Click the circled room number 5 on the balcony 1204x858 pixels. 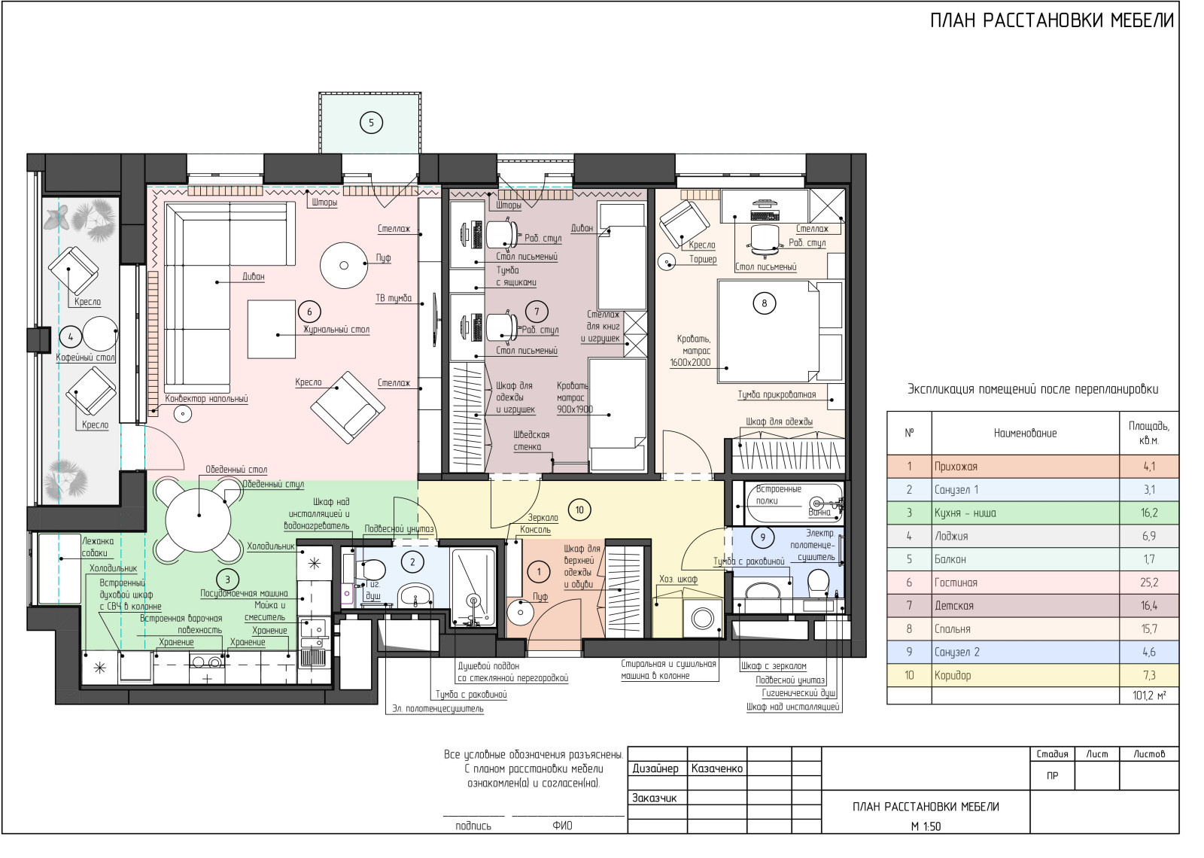[371, 123]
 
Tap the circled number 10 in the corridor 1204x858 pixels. [579, 510]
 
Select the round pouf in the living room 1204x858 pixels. [344, 265]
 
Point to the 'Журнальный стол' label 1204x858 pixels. [336, 330]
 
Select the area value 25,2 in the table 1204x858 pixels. [1149, 583]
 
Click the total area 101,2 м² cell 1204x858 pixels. [1149, 695]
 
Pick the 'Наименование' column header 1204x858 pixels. [1025, 434]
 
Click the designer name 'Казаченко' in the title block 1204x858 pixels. [717, 768]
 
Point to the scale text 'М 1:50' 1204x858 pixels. [926, 826]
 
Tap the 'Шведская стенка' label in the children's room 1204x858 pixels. [531, 440]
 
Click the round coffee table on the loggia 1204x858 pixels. [100, 334]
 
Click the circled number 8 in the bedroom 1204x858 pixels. [765, 303]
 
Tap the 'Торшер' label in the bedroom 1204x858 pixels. [703, 259]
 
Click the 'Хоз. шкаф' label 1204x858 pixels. [678, 579]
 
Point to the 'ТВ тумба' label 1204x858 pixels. [394, 298]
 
